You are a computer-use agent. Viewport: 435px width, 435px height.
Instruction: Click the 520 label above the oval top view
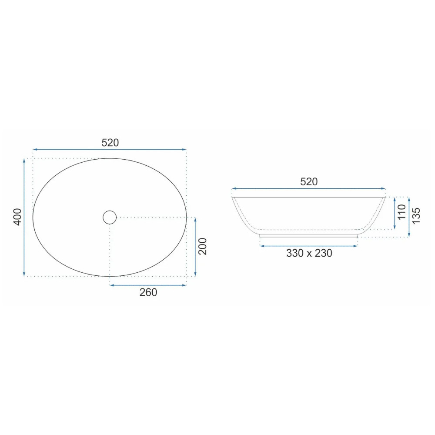tap(110, 143)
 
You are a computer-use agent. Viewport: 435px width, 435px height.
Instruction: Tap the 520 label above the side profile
tap(309, 182)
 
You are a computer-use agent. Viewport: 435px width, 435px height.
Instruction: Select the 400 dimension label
tap(18, 217)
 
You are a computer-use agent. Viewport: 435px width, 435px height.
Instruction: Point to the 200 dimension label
tap(203, 246)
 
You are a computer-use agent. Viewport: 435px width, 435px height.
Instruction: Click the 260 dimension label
tap(148, 292)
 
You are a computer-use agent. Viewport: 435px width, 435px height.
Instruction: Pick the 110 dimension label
tap(402, 212)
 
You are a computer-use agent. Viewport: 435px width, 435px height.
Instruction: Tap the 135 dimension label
tap(416, 216)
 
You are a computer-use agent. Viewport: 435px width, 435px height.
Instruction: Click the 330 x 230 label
tap(309, 253)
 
